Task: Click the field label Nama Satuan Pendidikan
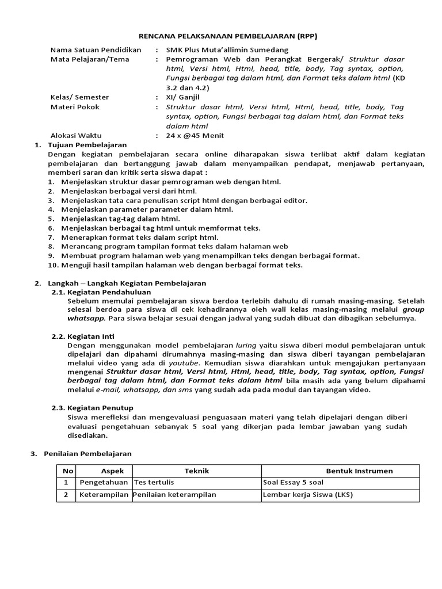click(96, 50)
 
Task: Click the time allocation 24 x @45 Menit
click(195, 135)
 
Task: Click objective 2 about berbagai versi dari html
click(129, 191)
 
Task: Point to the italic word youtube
click(184, 363)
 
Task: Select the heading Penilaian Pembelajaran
click(87, 453)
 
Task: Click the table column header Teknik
click(196, 471)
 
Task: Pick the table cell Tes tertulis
click(154, 483)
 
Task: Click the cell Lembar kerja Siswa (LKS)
click(307, 495)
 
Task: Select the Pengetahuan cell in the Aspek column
click(104, 483)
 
